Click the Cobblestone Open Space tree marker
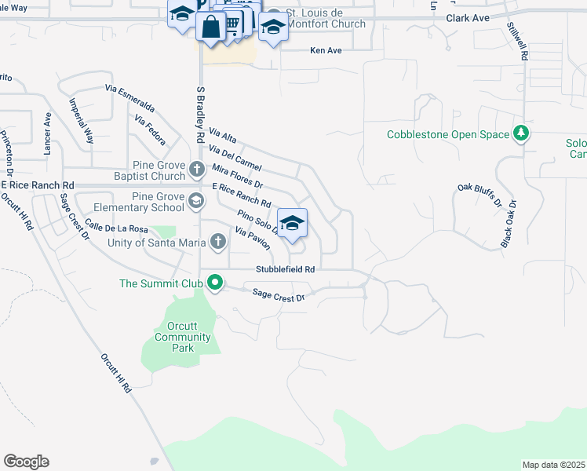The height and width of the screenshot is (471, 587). click(520, 133)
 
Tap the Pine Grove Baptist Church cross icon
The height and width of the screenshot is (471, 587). click(198, 167)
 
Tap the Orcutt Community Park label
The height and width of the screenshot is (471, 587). click(183, 337)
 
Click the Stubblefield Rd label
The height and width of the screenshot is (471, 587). click(285, 268)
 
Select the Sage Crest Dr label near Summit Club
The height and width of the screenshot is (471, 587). click(277, 294)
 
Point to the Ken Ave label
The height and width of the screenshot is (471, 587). click(326, 50)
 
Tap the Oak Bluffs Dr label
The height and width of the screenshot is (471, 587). click(478, 196)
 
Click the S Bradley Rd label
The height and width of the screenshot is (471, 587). click(199, 114)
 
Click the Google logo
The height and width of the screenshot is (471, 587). click(26, 462)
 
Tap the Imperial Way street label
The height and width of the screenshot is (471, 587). click(82, 120)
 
